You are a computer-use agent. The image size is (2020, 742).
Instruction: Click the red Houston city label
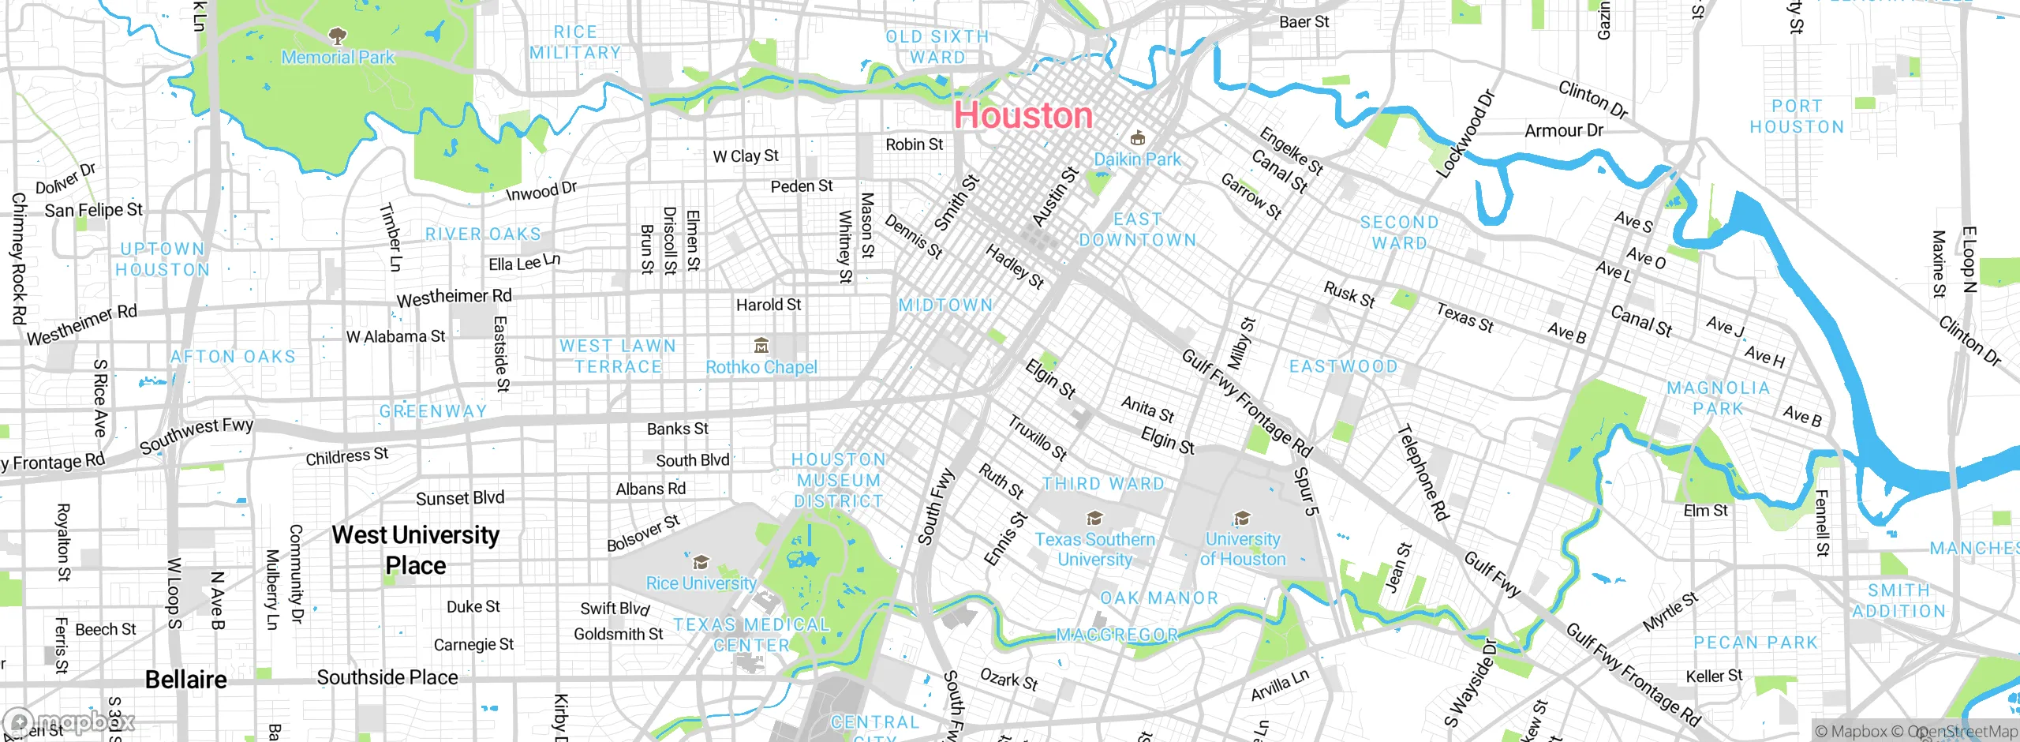(1023, 116)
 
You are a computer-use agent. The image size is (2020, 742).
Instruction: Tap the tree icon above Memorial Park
(338, 36)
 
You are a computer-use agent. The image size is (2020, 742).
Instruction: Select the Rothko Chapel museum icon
(761, 346)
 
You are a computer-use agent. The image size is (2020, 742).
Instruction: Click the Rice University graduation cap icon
(701, 563)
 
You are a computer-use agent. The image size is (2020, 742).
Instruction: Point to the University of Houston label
(1243, 549)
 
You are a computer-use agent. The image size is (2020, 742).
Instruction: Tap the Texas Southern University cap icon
(1094, 519)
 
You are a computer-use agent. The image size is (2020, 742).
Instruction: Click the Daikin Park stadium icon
(1137, 139)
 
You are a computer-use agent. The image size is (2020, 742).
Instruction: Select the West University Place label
(416, 550)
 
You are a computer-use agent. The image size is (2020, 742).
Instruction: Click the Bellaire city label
(186, 680)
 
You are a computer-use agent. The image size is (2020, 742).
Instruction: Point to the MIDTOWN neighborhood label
(945, 305)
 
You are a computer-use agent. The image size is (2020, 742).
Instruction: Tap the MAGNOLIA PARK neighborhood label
(1718, 399)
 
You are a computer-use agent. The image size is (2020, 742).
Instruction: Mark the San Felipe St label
(93, 211)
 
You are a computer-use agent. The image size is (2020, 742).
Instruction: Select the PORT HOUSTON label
(1797, 117)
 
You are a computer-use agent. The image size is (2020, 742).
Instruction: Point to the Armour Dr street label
(1564, 130)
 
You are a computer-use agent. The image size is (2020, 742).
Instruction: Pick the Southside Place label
(387, 678)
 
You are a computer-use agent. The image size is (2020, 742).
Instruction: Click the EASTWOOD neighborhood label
(1343, 367)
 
